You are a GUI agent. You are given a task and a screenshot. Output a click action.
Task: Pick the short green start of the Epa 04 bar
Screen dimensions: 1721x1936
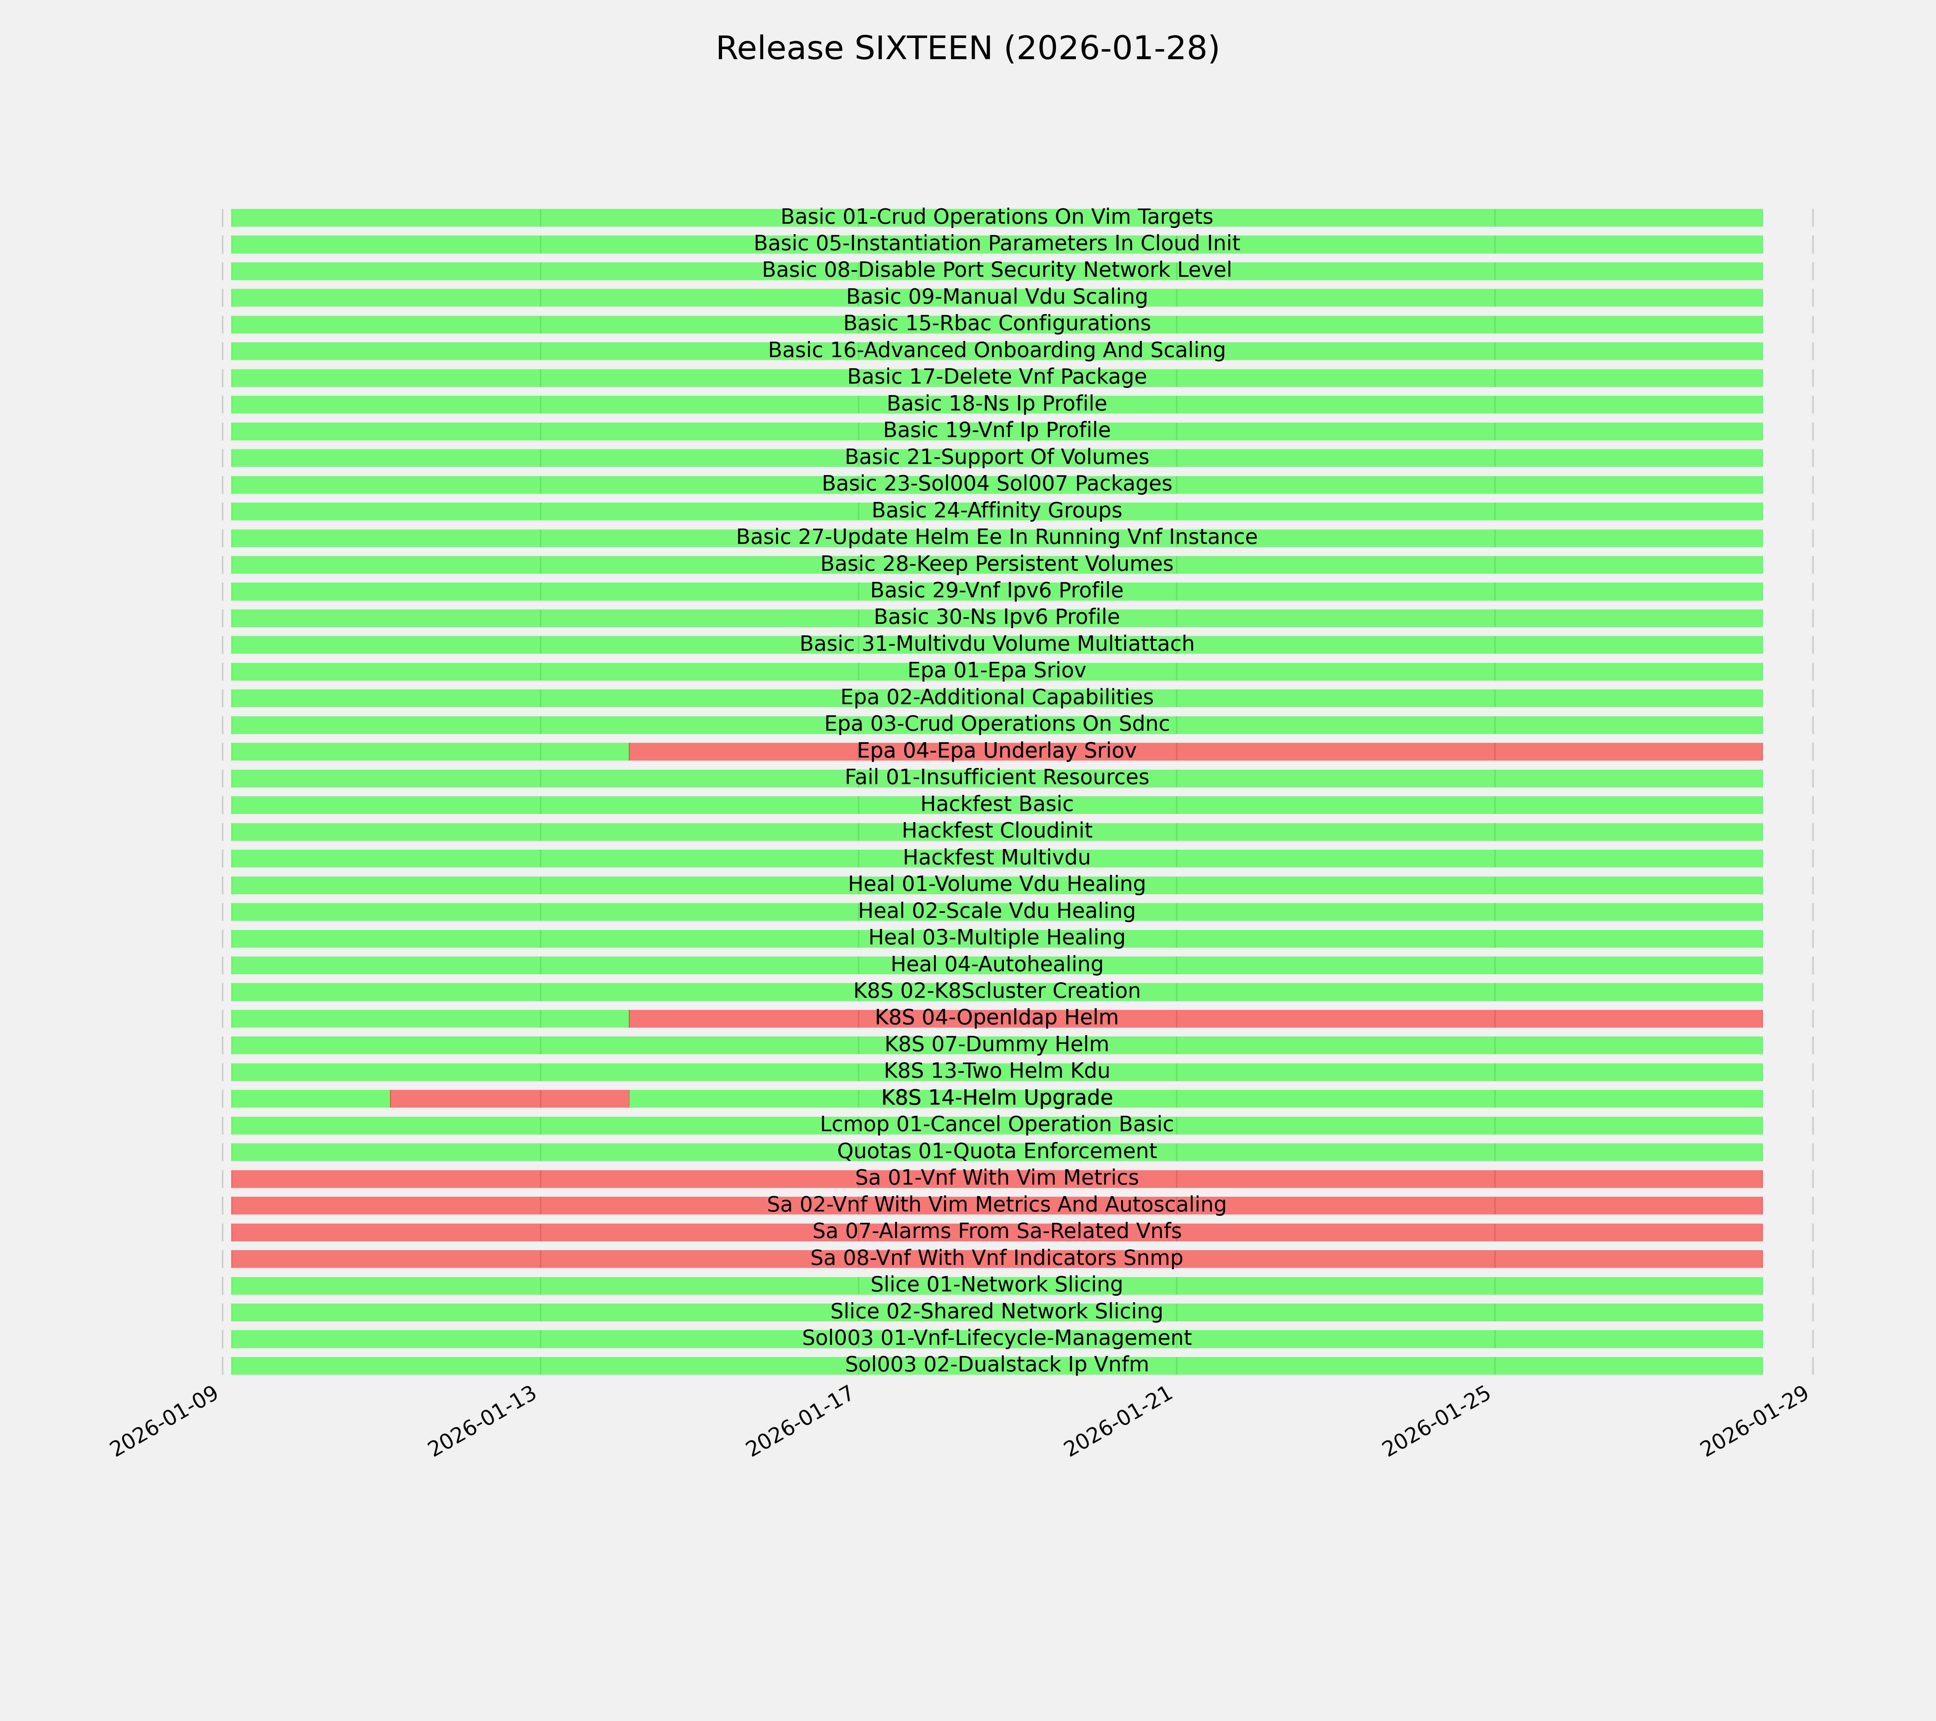click(x=429, y=751)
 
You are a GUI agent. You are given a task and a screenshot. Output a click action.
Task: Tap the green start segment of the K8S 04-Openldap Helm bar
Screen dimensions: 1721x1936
click(x=429, y=1018)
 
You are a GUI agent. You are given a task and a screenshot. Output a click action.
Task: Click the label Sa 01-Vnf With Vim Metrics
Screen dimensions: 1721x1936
click(x=996, y=1178)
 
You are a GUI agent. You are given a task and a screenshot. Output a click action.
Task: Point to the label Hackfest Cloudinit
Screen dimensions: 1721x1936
click(x=996, y=831)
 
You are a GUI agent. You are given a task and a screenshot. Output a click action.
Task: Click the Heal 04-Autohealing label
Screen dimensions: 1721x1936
click(x=996, y=964)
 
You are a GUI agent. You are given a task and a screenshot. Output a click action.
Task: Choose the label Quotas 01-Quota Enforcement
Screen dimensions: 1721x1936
click(x=996, y=1152)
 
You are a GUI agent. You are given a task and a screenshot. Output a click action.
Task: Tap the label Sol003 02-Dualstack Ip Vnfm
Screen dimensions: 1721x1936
click(x=996, y=1365)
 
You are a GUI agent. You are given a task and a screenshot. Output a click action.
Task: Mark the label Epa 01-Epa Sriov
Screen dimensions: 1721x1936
click(x=996, y=670)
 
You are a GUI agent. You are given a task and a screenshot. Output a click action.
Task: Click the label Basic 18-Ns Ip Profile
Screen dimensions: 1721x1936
click(x=996, y=403)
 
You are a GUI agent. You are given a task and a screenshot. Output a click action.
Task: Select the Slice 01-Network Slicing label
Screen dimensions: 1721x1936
click(x=996, y=1285)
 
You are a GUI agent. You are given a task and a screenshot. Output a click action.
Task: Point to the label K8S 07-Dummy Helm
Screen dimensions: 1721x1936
click(x=996, y=1045)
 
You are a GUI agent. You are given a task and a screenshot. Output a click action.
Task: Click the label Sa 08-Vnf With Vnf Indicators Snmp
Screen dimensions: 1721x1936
click(x=996, y=1259)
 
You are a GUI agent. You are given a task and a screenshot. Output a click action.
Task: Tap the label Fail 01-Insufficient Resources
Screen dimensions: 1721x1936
click(x=996, y=778)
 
